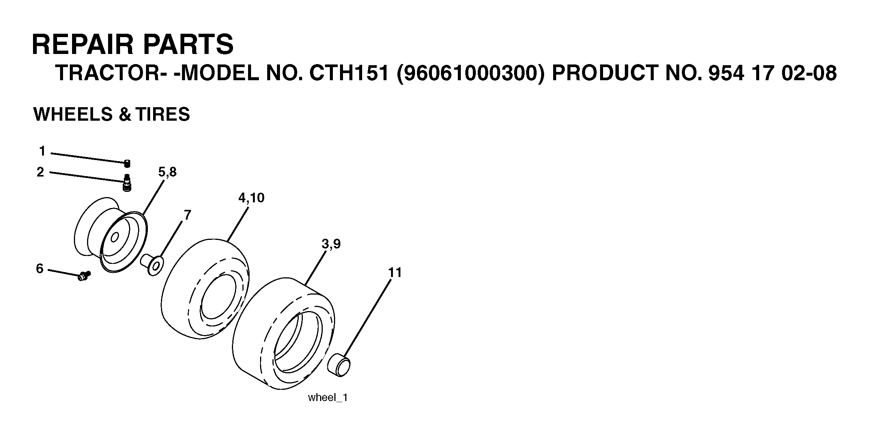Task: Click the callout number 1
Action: pos(42,151)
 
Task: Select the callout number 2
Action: pos(40,172)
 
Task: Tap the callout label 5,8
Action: pos(167,172)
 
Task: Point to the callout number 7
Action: pos(187,215)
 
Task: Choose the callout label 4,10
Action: pos(251,198)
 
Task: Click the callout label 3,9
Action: pos(331,244)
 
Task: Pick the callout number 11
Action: pos(395,272)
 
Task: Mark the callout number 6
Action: pos(40,269)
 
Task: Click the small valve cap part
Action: pos(127,163)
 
